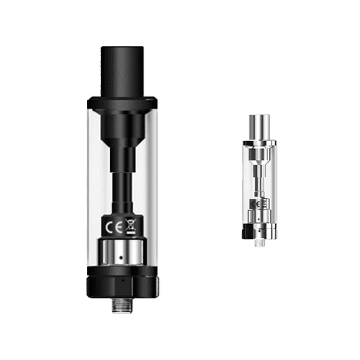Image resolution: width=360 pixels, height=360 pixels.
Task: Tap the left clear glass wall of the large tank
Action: point(95,180)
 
